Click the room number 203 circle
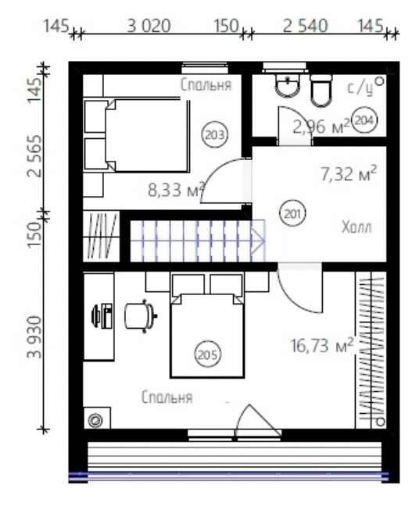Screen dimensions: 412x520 (x=215, y=135)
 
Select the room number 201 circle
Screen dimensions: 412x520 (x=292, y=214)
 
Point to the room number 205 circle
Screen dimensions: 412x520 (x=207, y=354)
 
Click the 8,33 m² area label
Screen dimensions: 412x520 (x=176, y=190)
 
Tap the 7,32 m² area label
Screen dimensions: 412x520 (x=349, y=173)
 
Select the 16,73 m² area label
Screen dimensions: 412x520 (x=321, y=345)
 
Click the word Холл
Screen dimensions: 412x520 (x=356, y=227)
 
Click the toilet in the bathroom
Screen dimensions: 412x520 (x=321, y=91)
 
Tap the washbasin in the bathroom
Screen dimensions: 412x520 (x=288, y=85)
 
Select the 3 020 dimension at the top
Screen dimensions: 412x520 (x=149, y=26)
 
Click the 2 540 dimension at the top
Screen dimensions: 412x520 (x=306, y=26)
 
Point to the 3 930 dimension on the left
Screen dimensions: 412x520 (x=35, y=337)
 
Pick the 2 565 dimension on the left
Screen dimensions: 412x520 (x=35, y=156)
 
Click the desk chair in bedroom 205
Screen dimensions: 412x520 (x=141, y=316)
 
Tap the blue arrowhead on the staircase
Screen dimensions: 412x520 (x=258, y=240)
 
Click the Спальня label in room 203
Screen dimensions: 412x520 (x=206, y=85)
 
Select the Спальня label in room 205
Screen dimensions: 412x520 (x=167, y=397)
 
